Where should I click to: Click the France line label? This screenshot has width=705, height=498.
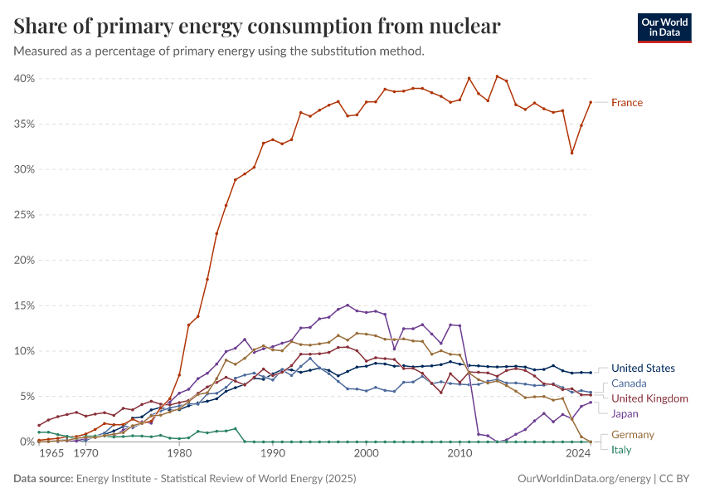(x=626, y=103)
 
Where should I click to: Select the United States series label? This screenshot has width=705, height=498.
(x=643, y=369)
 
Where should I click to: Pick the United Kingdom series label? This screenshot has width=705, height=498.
(x=649, y=398)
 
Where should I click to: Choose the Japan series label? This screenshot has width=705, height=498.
(x=625, y=413)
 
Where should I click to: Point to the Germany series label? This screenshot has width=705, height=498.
(x=633, y=435)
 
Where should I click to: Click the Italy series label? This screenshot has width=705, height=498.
(x=621, y=450)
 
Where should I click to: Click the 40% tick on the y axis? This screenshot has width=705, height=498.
(x=22, y=79)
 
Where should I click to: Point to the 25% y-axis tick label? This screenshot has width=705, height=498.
(x=22, y=215)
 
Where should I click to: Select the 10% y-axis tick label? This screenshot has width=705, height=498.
(x=22, y=351)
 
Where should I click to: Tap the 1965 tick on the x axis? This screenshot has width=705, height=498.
(x=51, y=455)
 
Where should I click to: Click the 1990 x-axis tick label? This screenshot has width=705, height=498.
(x=272, y=455)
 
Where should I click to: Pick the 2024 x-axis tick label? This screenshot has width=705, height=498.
(x=578, y=455)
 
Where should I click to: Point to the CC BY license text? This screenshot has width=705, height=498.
(x=675, y=479)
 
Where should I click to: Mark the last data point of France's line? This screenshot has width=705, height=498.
(x=590, y=102)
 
